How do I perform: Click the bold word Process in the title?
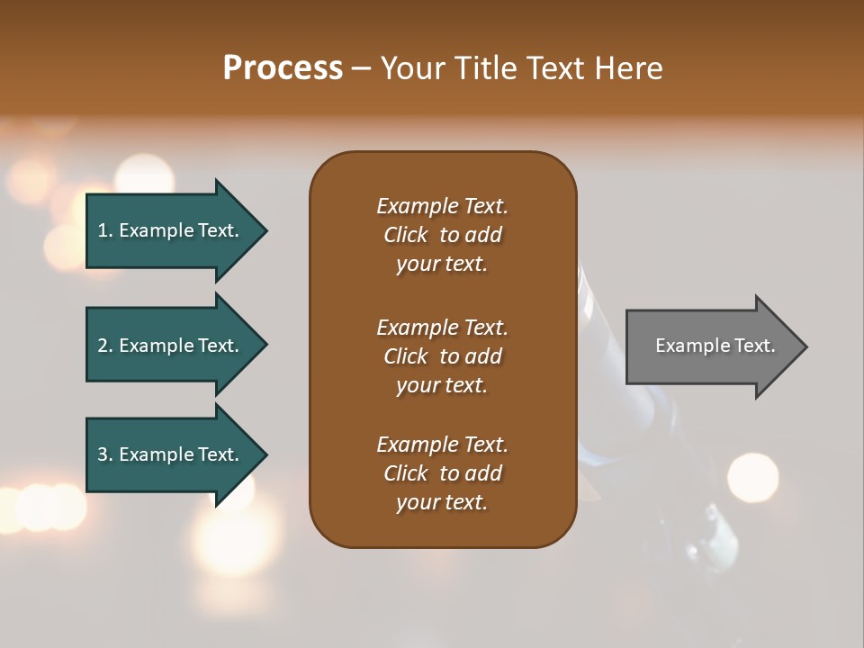(283, 68)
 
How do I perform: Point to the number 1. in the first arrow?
(105, 230)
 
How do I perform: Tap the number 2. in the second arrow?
(105, 346)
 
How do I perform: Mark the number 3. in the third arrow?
(105, 454)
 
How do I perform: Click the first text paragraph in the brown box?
(442, 235)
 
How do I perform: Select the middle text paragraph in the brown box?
(442, 356)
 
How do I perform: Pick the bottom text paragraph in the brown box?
(442, 473)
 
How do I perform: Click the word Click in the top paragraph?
(406, 235)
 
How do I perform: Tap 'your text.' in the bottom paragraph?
(442, 502)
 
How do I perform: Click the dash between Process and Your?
(361, 69)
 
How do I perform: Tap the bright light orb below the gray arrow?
(752, 476)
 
